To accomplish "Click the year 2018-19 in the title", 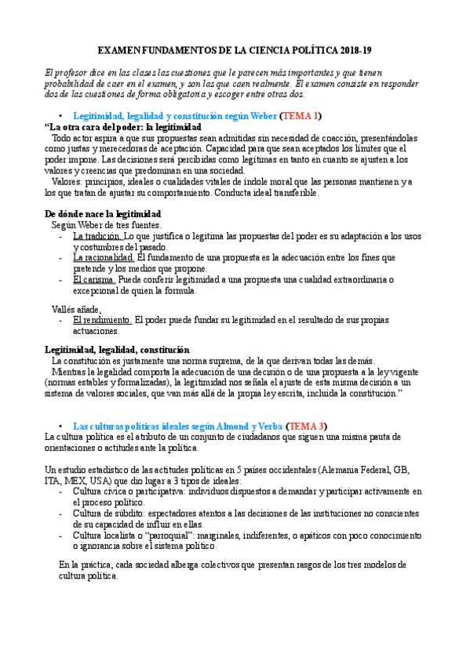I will pos(356,50).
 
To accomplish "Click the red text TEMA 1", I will pos(298,115).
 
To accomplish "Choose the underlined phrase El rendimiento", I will pos(103,320).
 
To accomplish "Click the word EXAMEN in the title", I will pos(130,50).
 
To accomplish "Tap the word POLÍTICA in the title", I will pos(316,50).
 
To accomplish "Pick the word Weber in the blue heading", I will pos(262,115).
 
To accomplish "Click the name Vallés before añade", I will pos(65,309).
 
